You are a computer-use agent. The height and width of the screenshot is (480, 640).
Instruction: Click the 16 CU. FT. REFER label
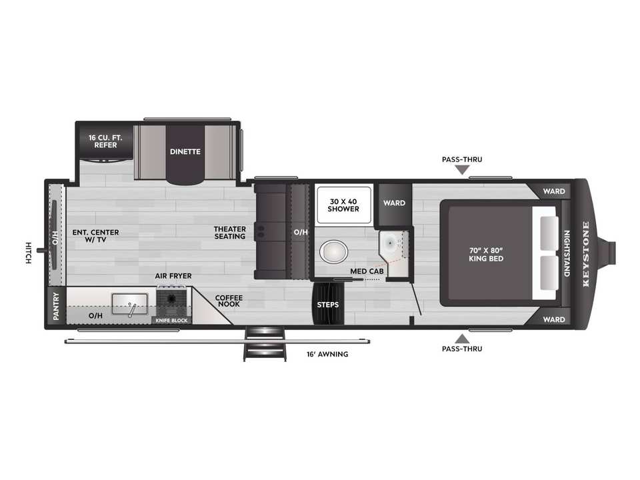105,141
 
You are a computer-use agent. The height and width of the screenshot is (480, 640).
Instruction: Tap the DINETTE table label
185,151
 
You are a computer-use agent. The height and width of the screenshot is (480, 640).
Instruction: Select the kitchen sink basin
130,304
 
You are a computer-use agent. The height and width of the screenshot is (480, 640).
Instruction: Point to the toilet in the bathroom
333,251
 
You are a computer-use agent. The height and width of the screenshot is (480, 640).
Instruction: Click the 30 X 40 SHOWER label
343,205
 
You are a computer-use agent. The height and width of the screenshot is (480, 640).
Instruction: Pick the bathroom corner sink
391,243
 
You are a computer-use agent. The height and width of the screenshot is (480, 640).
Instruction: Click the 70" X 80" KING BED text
486,254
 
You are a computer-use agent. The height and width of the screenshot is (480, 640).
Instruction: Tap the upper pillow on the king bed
549,233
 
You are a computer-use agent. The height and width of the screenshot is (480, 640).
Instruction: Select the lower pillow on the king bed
549,272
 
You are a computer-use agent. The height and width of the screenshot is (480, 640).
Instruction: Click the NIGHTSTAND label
567,253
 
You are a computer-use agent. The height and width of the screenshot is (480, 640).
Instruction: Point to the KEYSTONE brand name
586,254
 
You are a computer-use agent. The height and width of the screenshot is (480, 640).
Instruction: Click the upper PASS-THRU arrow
462,170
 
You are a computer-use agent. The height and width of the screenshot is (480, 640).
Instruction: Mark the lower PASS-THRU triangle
462,339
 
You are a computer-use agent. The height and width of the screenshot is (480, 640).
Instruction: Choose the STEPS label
328,305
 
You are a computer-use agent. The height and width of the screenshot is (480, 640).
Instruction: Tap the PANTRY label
56,306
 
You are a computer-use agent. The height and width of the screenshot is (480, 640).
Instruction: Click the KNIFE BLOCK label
171,321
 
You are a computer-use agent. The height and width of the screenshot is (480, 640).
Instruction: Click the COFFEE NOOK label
229,301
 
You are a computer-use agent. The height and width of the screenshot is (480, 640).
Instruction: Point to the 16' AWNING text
327,354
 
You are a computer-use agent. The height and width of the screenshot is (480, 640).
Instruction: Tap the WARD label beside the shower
394,203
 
